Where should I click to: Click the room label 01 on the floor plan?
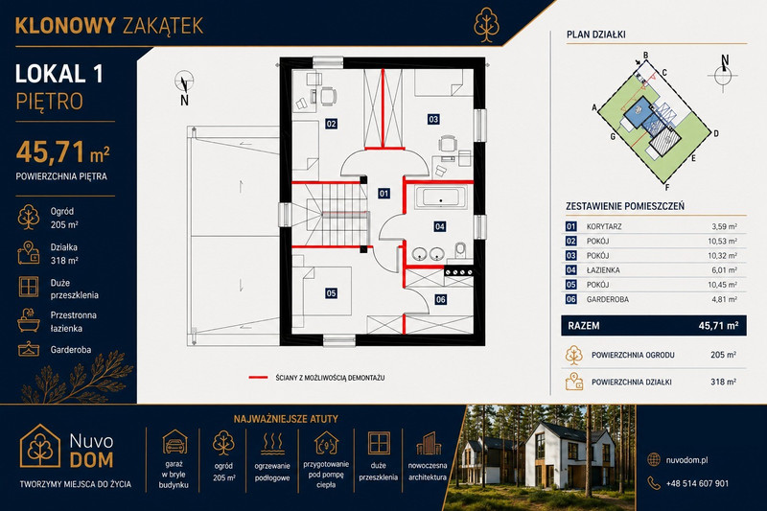[384, 193]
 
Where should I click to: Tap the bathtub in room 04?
[441, 198]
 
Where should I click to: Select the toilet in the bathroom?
[460, 250]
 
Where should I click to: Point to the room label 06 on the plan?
[441, 299]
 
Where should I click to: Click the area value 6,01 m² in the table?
[724, 270]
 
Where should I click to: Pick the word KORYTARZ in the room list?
[604, 226]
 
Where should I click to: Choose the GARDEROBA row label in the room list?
[608, 299]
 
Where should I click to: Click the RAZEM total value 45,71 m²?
[718, 326]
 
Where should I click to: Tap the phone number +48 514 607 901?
[697, 483]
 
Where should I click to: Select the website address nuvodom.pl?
[686, 459]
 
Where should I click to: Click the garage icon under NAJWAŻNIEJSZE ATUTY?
[174, 442]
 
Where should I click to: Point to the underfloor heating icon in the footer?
[272, 444]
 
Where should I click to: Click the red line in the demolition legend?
[258, 378]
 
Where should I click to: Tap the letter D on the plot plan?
[715, 133]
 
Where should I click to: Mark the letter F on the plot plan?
[667, 187]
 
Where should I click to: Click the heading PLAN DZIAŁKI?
[595, 35]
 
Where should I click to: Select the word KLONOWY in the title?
[65, 26]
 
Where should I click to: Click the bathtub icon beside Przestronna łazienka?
[29, 320]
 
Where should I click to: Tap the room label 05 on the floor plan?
[331, 293]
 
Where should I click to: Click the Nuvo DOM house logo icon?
[40, 446]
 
